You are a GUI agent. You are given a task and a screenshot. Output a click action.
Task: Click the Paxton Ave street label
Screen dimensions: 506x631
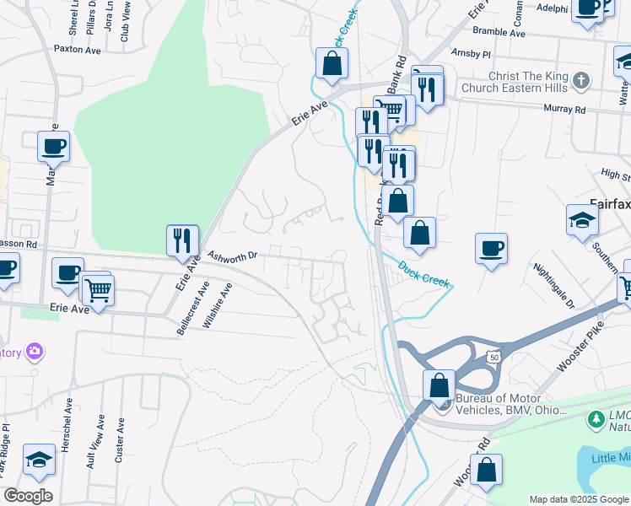pyautogui.click(x=77, y=50)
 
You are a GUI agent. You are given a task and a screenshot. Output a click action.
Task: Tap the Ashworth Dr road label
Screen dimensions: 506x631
pyautogui.click(x=232, y=254)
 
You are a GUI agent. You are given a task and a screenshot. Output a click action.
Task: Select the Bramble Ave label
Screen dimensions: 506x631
pyautogui.click(x=499, y=34)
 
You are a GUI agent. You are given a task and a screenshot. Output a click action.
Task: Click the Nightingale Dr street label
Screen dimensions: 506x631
pyautogui.click(x=553, y=285)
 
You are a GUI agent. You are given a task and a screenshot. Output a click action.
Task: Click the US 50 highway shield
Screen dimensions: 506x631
pyautogui.click(x=494, y=358)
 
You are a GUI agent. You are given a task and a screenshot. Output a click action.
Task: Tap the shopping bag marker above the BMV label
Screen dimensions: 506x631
pyautogui.click(x=439, y=385)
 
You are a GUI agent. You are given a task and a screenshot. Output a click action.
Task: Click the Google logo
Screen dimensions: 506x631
pyautogui.click(x=28, y=496)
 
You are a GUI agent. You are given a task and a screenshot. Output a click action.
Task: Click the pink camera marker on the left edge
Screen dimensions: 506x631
pyautogui.click(x=35, y=350)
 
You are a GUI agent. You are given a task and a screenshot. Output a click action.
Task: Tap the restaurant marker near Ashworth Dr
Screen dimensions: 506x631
pyautogui.click(x=182, y=240)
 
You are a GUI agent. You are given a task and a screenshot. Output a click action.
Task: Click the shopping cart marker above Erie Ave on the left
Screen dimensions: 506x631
pyautogui.click(x=99, y=291)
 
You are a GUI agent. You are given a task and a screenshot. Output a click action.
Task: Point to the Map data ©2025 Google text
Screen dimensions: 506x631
pyautogui.click(x=579, y=499)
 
